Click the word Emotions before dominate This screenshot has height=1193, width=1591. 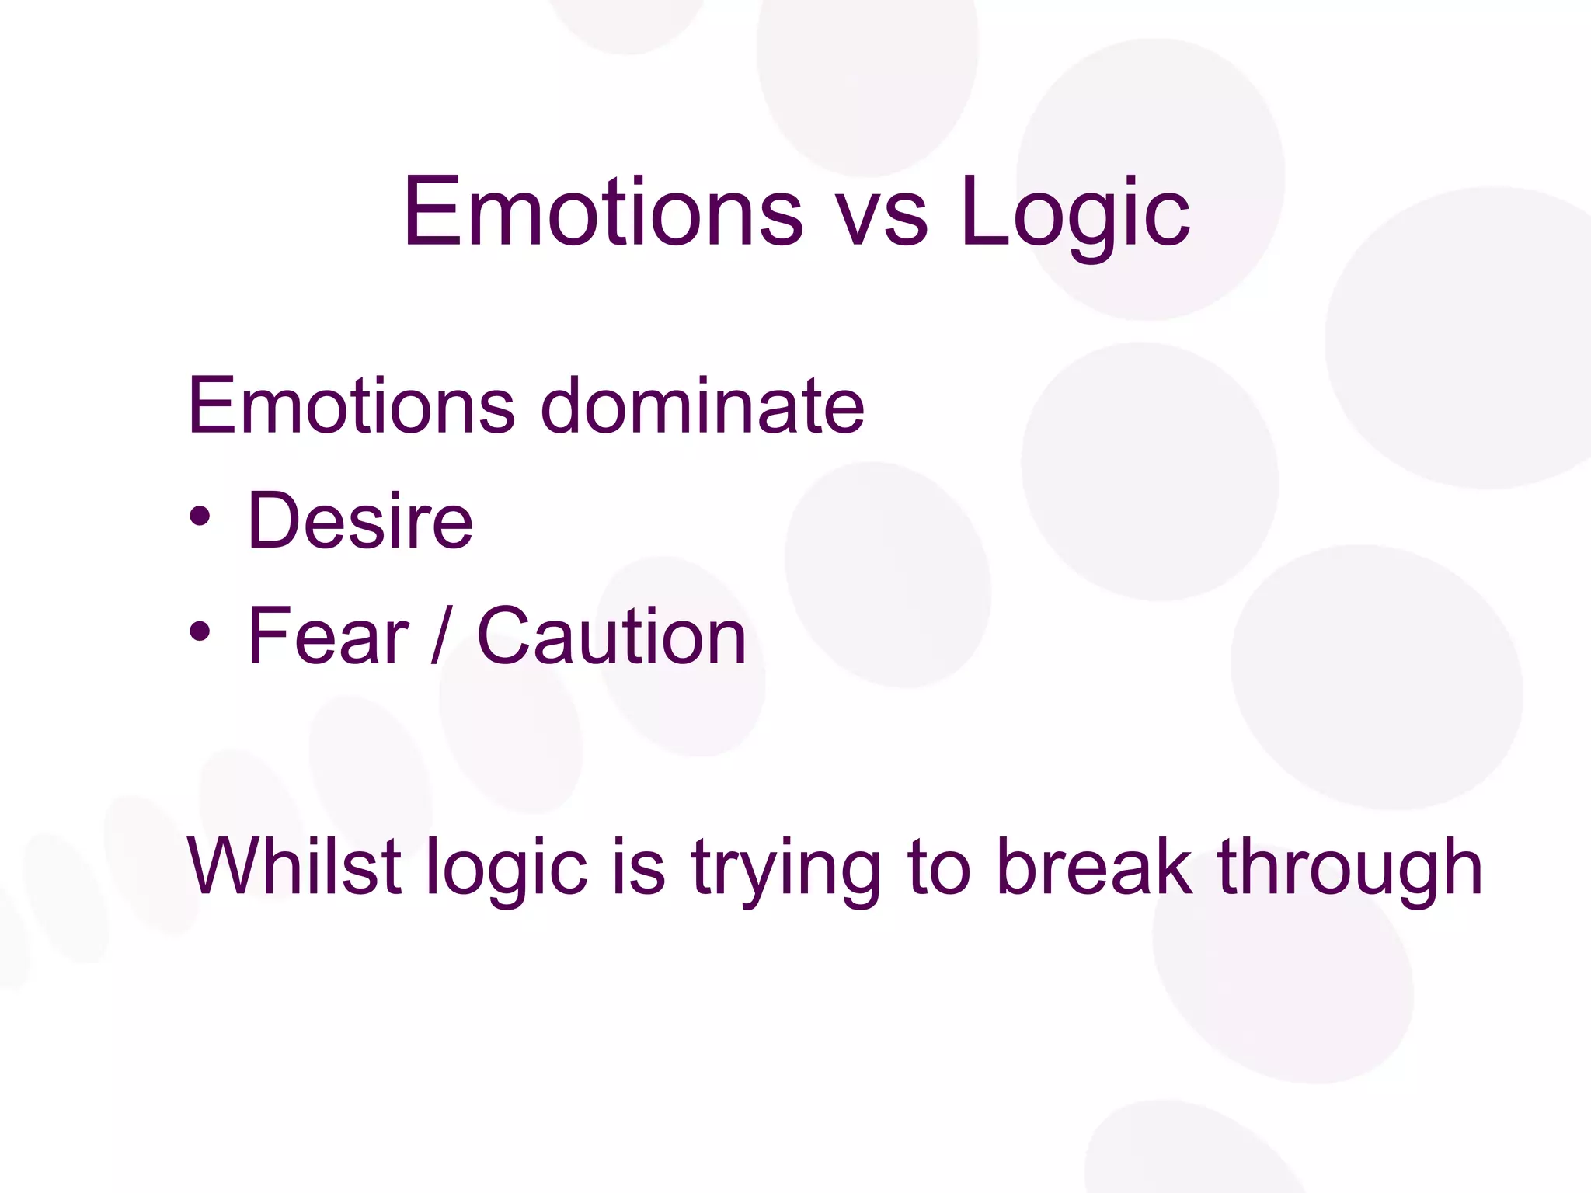[x=350, y=405]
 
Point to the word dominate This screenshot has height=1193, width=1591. [x=702, y=405]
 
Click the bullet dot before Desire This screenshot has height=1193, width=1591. [x=200, y=517]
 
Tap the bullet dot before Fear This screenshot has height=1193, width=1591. [x=200, y=631]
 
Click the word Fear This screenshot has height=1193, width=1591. [x=327, y=635]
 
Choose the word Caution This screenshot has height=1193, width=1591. [x=611, y=635]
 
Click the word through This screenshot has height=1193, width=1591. [x=1350, y=870]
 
